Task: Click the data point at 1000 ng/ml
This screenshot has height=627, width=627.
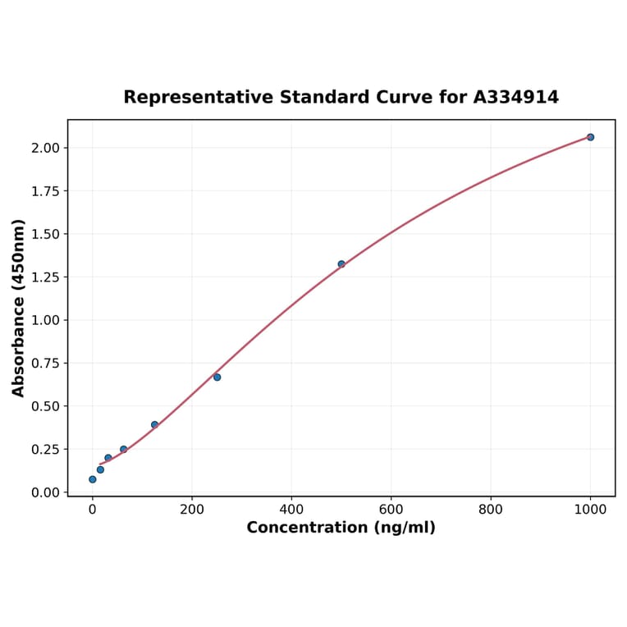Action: pos(590,137)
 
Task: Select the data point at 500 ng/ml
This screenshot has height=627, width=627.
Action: pos(341,264)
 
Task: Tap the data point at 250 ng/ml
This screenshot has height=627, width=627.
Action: pos(217,377)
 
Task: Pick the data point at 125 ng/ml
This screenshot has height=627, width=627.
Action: pos(154,424)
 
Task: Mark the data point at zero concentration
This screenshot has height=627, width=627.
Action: pos(92,479)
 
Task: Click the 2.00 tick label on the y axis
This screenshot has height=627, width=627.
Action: pos(46,148)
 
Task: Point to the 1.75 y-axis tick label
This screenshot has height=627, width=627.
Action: pos(46,191)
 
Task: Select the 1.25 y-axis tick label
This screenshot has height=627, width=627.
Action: pos(46,277)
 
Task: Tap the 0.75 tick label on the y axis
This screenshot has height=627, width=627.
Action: pos(46,364)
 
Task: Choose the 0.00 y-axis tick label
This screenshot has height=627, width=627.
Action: pos(46,492)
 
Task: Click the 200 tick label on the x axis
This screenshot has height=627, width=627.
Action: pos(192,509)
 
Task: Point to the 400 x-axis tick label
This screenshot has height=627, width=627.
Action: pos(291,509)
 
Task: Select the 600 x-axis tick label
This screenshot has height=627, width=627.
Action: pos(391,509)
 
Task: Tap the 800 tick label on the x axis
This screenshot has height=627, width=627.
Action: pos(491,509)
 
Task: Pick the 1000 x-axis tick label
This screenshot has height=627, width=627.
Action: pos(590,509)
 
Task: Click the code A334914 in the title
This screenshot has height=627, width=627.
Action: pos(516,98)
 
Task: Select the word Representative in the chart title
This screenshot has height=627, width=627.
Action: pos(199,98)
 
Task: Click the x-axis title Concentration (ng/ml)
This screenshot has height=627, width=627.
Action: pos(341,528)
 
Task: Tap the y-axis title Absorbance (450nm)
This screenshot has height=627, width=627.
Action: pos(19,308)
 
